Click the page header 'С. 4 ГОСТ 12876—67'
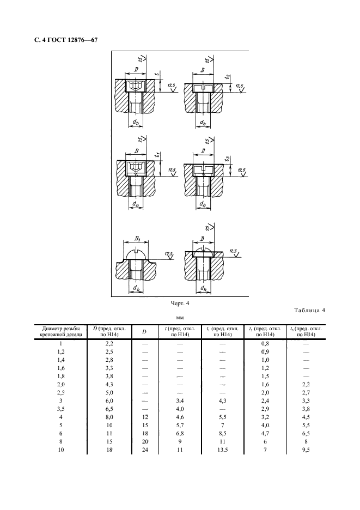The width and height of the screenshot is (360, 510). coord(66,40)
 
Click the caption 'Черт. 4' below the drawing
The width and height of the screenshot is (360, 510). coord(180,303)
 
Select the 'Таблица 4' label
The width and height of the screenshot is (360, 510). coord(309,310)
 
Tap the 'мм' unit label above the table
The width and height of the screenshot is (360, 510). coord(180,318)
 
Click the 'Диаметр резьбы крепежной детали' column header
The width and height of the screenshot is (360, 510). coord(61,331)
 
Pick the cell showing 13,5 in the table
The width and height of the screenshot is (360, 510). coord(222,450)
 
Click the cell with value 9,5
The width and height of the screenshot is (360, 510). coord(306,450)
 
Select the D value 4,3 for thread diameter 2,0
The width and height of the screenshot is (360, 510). coord(109,385)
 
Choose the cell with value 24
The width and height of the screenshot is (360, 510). coord(145,450)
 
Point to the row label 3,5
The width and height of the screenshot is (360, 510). coord(61,409)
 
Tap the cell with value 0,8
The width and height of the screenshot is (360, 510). coord(265,343)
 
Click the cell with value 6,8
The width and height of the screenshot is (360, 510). coord(180,434)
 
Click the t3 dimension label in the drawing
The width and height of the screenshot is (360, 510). coord(228,159)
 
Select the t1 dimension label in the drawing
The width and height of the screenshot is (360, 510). coord(157,155)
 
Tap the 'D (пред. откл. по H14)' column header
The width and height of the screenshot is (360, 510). coord(109,331)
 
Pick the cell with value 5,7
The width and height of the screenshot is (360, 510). coord(180,425)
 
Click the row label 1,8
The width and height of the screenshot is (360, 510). coord(61,376)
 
